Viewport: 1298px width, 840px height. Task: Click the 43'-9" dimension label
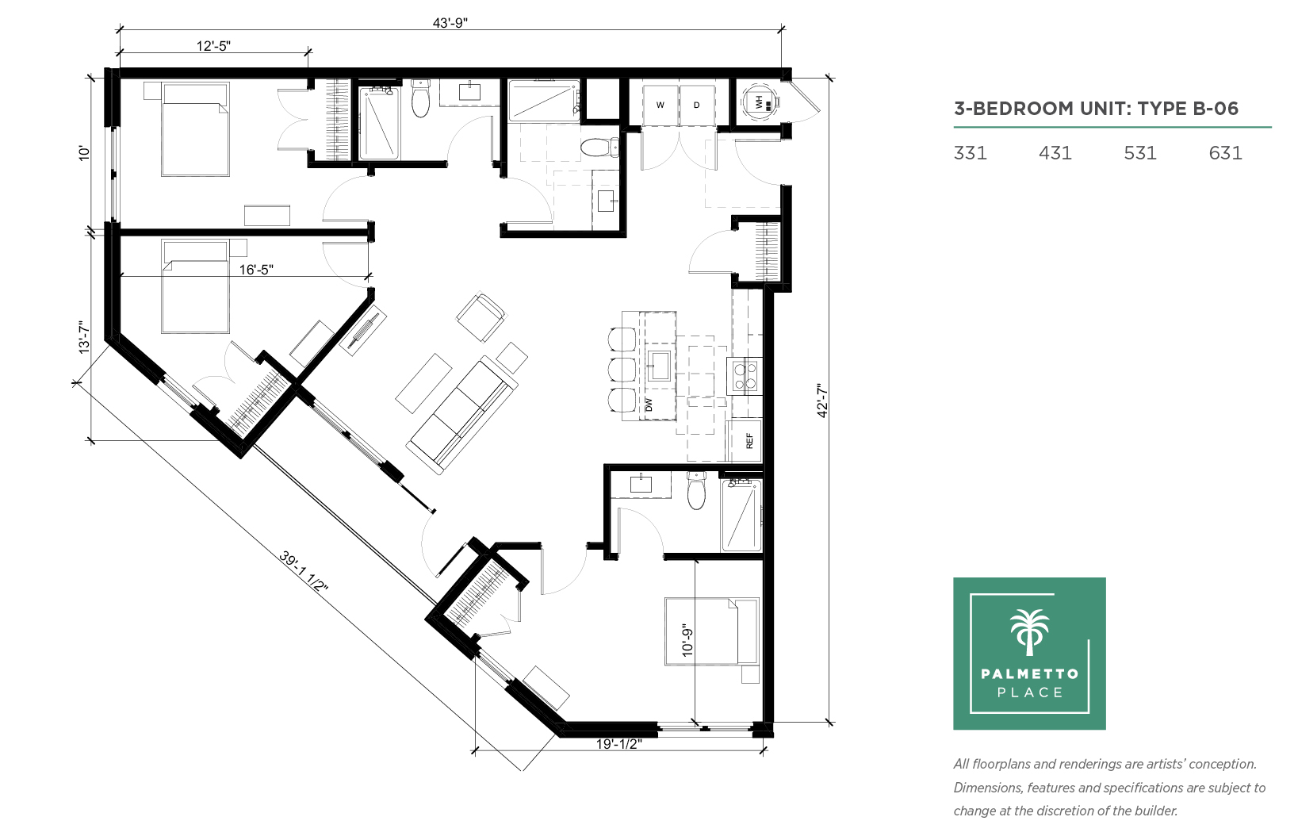(x=450, y=23)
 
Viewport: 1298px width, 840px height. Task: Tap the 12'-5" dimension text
(x=213, y=46)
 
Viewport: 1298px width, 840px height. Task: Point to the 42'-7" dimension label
(x=822, y=400)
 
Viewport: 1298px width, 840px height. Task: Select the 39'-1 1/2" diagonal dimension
(x=304, y=571)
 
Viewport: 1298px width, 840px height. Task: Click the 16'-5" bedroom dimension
(x=256, y=270)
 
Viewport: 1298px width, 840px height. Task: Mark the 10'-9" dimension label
(x=687, y=640)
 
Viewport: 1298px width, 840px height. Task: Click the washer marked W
(x=660, y=105)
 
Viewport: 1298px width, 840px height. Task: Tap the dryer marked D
(x=696, y=105)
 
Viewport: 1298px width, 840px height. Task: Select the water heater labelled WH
(x=760, y=103)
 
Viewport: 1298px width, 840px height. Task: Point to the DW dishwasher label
(x=649, y=405)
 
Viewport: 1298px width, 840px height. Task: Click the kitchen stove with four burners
(x=745, y=376)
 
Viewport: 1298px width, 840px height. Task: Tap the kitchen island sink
(x=659, y=366)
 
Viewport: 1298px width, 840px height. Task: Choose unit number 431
(x=1055, y=153)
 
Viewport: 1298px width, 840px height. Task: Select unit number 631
(x=1226, y=153)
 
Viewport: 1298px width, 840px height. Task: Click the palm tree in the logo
(x=1030, y=632)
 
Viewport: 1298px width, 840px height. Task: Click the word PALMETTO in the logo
(x=1030, y=674)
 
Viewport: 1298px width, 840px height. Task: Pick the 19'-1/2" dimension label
(x=618, y=744)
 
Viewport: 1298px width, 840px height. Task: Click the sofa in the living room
(x=461, y=415)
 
